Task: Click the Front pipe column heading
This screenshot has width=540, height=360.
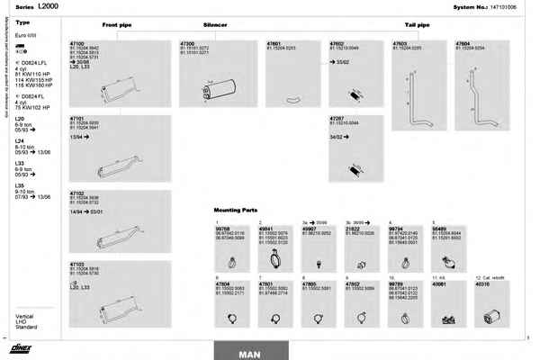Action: click(116, 27)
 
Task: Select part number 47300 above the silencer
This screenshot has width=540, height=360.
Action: click(187, 42)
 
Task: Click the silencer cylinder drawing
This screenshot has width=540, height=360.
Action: click(221, 88)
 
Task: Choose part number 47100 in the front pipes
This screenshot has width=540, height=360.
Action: click(76, 42)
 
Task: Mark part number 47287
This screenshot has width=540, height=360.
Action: click(337, 118)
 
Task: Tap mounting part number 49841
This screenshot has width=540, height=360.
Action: click(265, 229)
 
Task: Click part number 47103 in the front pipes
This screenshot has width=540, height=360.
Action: click(76, 265)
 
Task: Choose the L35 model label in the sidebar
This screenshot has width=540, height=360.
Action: click(20, 184)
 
